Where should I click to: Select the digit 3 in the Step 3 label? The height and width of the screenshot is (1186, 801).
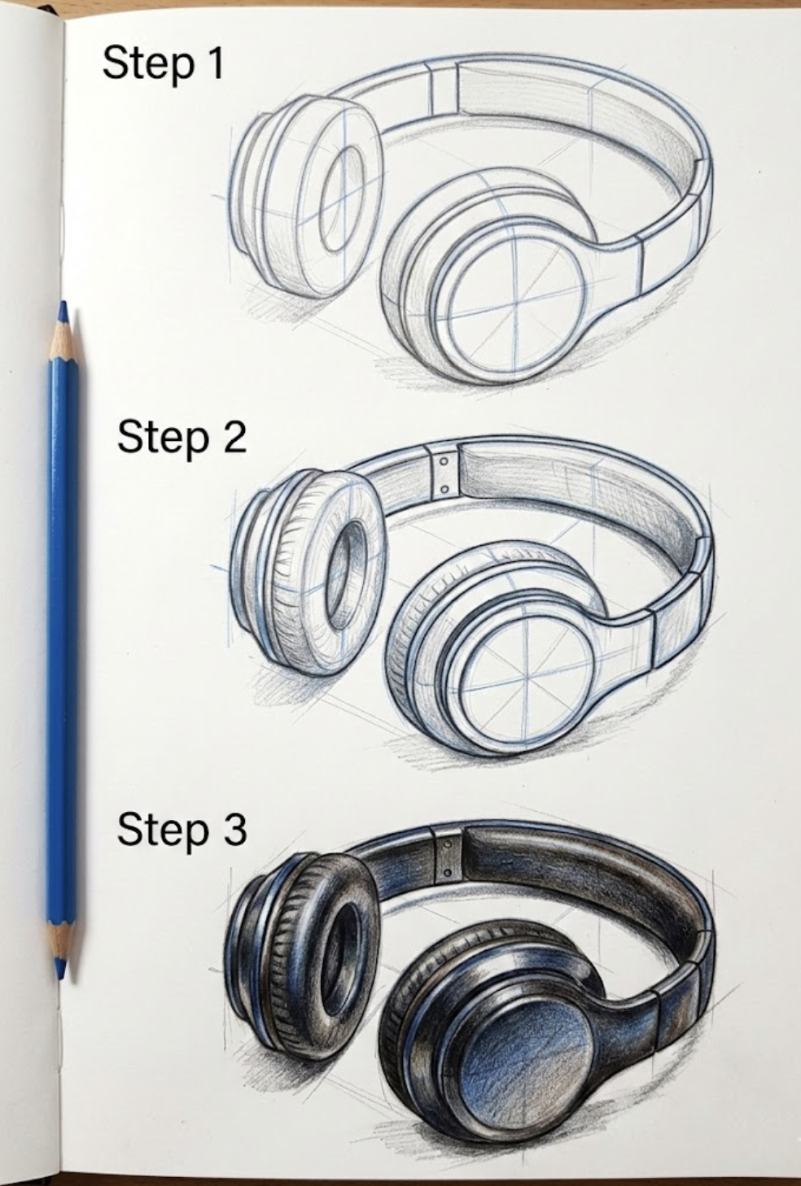(232, 829)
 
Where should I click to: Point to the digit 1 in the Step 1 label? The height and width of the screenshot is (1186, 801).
(213, 63)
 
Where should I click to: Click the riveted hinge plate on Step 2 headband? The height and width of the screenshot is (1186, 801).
(443, 474)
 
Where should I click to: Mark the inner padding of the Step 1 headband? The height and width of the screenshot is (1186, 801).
(570, 122)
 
